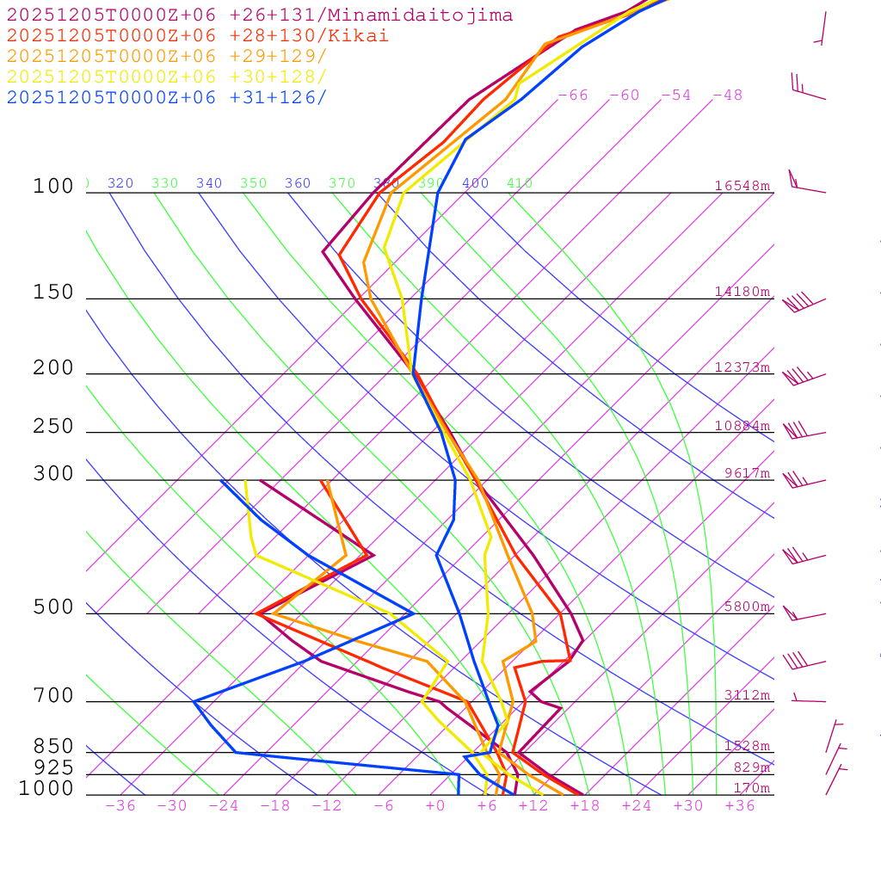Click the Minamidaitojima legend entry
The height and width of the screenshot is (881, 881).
[260, 15]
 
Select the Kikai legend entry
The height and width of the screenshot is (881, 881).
[198, 36]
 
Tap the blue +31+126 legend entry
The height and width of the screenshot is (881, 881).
[167, 98]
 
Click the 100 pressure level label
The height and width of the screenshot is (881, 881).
[53, 187]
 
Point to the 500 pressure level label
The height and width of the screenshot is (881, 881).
[53, 608]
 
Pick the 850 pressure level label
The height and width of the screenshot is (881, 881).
[53, 747]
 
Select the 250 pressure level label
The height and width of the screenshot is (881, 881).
[53, 427]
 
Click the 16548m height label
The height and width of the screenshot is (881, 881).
[742, 186]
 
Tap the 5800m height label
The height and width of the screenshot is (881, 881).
[747, 607]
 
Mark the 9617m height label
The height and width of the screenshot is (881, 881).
[747, 473]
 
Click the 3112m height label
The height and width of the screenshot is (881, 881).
[747, 695]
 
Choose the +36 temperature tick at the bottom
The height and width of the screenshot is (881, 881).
[740, 806]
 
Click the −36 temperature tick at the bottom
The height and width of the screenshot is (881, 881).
[120, 806]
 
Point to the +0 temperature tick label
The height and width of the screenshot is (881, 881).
[435, 806]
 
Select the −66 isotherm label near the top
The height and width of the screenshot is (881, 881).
[573, 95]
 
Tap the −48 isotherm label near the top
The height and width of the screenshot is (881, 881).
[727, 95]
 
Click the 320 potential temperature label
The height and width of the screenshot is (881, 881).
[120, 183]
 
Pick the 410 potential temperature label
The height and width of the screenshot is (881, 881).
[520, 183]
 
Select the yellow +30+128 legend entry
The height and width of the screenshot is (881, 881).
[167, 77]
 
